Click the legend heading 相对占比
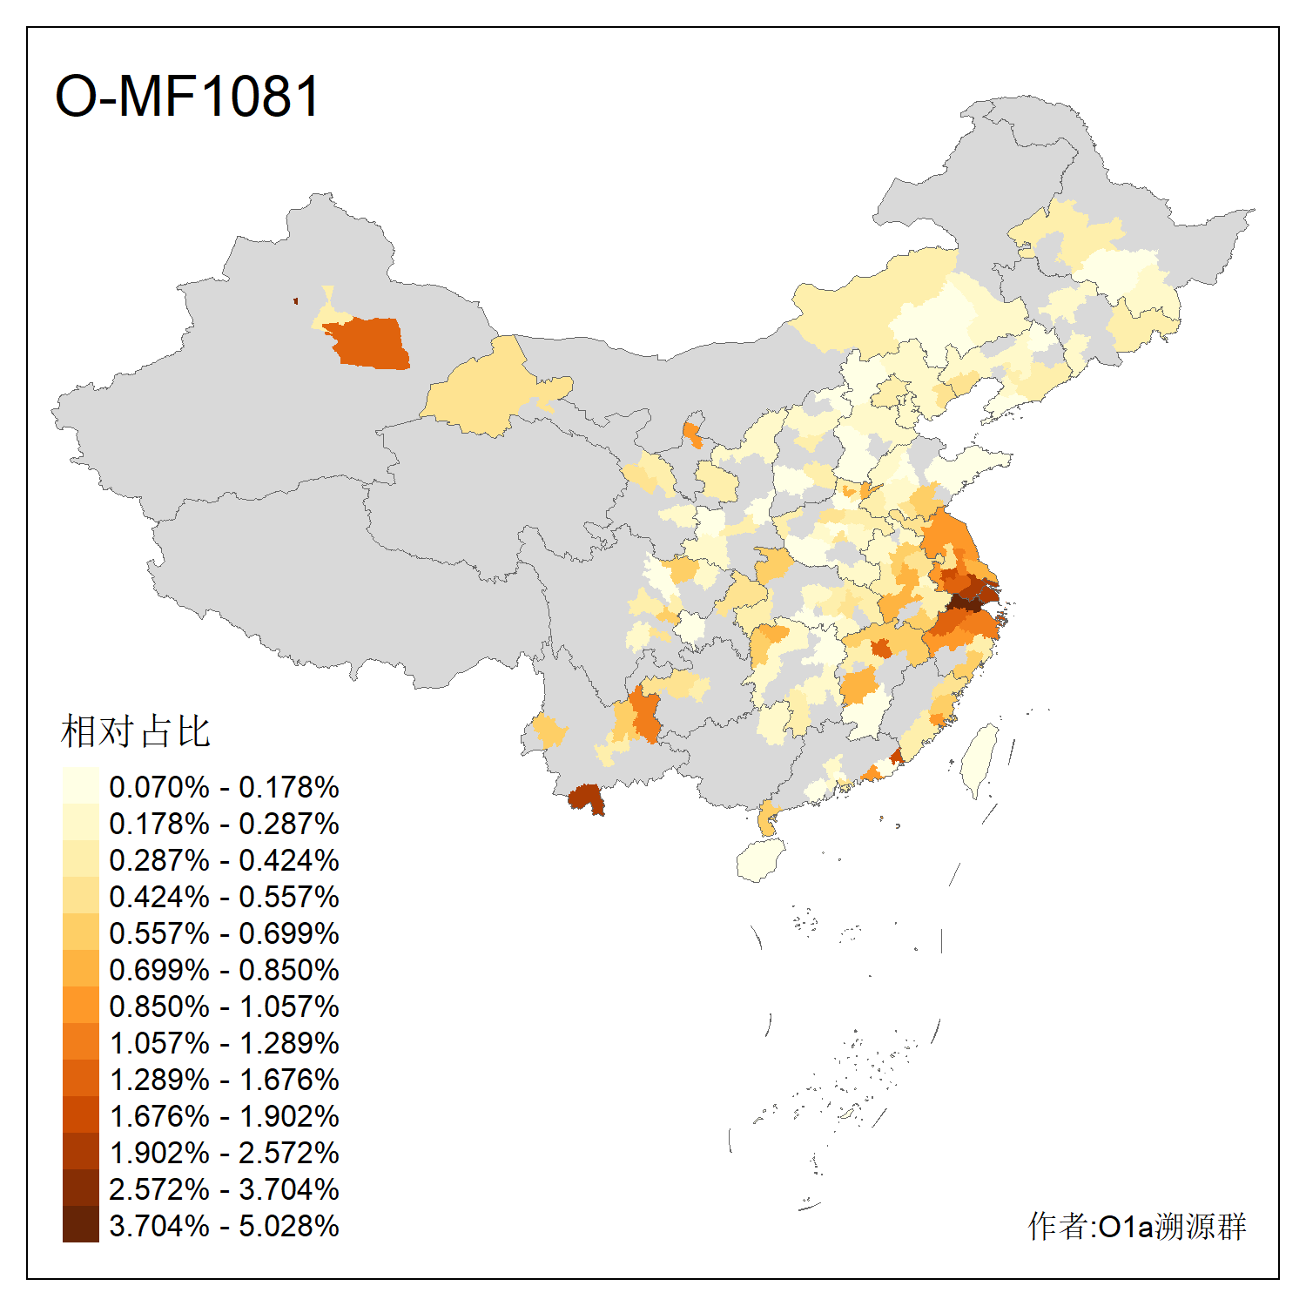(x=136, y=731)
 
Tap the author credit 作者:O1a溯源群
(x=1136, y=1226)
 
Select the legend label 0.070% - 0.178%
(x=224, y=787)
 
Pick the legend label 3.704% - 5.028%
(x=224, y=1226)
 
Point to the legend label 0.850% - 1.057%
(x=224, y=1006)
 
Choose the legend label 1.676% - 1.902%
(x=224, y=1116)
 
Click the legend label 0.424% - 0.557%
(x=224, y=897)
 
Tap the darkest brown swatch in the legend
(x=80, y=1225)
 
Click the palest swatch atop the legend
(x=80, y=786)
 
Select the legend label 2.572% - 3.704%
(x=224, y=1189)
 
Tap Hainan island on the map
(x=761, y=860)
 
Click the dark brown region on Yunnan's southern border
(x=586, y=798)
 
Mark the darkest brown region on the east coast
(x=966, y=600)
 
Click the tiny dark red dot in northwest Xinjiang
(x=296, y=301)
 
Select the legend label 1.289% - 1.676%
(x=224, y=1080)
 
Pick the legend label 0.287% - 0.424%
(x=224, y=860)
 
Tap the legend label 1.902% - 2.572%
(x=224, y=1153)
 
